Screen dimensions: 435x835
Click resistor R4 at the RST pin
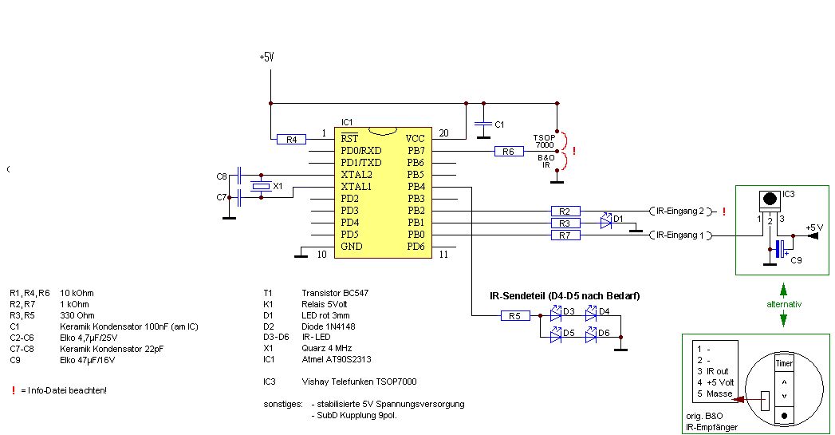(291, 139)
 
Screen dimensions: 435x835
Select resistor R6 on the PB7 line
(509, 151)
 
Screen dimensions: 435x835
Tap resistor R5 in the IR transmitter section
(514, 316)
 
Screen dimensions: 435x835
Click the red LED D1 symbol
(605, 223)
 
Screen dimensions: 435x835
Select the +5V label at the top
(267, 57)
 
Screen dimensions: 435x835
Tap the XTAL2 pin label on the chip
(356, 175)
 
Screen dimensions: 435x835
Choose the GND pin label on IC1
(352, 247)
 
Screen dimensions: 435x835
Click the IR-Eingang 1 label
(679, 235)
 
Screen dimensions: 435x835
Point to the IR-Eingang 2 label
(679, 212)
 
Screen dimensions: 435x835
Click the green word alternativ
(783, 305)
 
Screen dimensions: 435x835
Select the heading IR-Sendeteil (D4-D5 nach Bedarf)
(565, 296)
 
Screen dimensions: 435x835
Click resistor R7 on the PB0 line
(565, 235)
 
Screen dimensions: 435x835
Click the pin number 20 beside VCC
(444, 133)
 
